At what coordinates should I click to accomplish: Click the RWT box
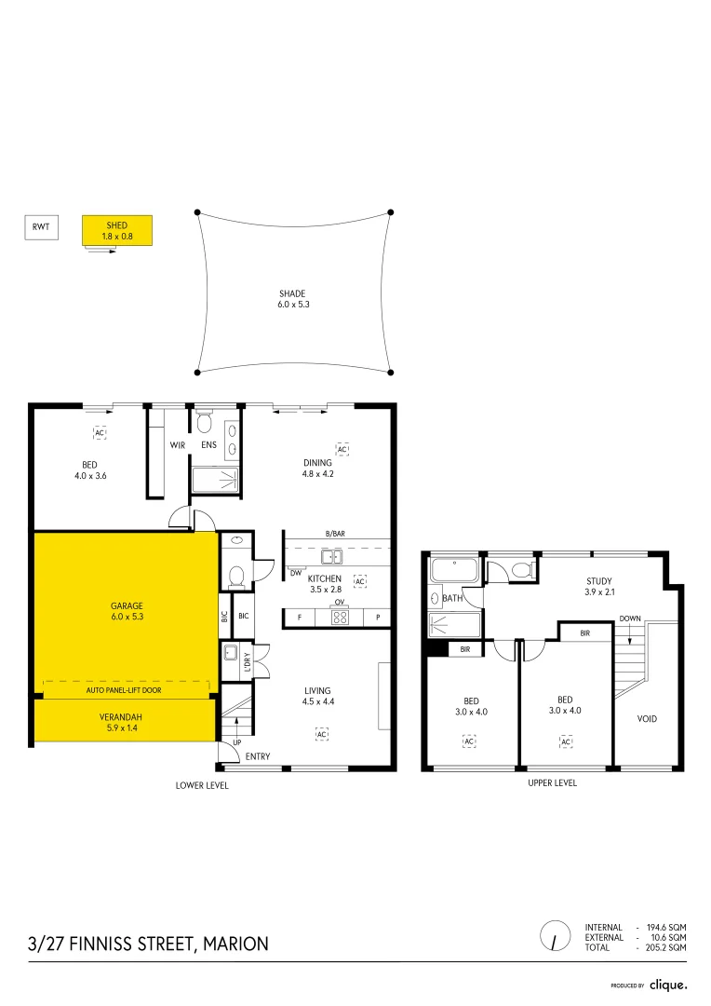tap(41, 226)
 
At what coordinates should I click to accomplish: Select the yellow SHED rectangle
tap(116, 231)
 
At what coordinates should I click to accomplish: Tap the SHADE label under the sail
tap(291, 293)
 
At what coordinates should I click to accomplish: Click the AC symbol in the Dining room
tap(342, 450)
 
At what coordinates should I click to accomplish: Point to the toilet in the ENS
tap(204, 422)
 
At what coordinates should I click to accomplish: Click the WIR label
tap(177, 445)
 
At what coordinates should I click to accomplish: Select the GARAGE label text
tap(127, 605)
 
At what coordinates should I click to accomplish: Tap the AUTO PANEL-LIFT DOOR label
tap(126, 691)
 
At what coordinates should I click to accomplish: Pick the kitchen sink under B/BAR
tap(330, 557)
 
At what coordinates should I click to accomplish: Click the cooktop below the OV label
tap(340, 617)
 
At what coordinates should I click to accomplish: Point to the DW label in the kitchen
tap(295, 574)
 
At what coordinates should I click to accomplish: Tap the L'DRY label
tap(247, 659)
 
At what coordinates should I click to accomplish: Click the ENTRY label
tap(258, 756)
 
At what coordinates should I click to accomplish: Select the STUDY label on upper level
tap(598, 581)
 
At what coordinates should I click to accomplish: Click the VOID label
tap(648, 718)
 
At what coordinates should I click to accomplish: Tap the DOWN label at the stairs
tap(629, 618)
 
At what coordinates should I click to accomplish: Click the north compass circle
tap(556, 935)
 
